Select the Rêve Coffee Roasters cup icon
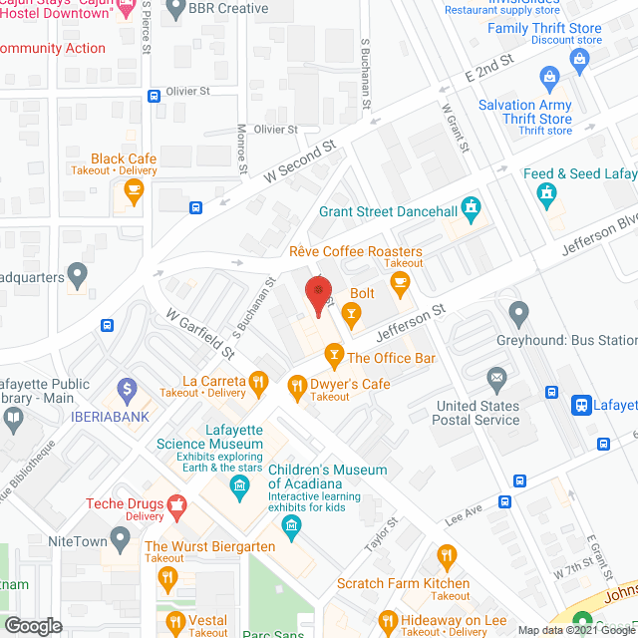click(x=400, y=283)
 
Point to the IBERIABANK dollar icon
click(x=127, y=388)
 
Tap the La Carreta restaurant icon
click(x=258, y=381)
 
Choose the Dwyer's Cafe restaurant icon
click(x=296, y=384)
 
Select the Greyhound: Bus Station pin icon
click(x=518, y=315)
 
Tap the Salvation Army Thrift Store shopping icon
click(x=548, y=77)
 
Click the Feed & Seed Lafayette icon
click(x=546, y=194)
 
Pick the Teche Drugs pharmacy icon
click(x=177, y=504)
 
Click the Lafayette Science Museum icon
click(x=239, y=485)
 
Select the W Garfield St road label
click(x=199, y=334)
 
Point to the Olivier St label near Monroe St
click(x=275, y=130)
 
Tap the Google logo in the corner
click(x=33, y=625)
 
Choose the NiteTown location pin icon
click(x=121, y=540)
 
